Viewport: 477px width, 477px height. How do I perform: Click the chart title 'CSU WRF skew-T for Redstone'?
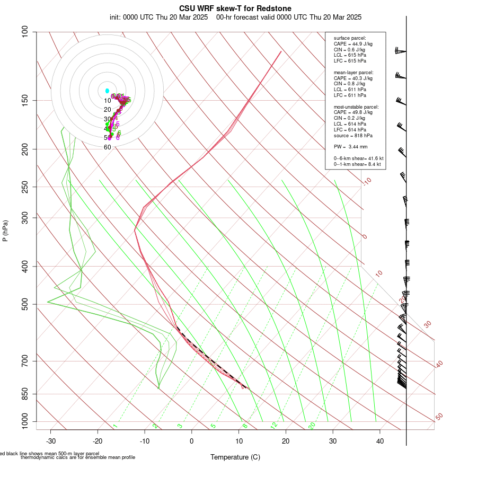click(235, 8)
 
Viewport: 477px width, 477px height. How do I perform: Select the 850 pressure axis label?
click(25, 394)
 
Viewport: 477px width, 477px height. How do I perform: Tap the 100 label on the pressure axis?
click(25, 32)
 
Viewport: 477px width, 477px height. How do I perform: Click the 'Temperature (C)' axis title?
click(235, 457)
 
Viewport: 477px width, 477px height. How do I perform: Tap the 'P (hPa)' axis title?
click(5, 231)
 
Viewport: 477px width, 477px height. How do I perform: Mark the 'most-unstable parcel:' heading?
click(356, 107)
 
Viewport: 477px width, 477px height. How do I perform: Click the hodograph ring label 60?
click(107, 147)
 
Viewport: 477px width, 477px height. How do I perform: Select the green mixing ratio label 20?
click(312, 426)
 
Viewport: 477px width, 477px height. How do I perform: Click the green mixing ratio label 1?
click(115, 426)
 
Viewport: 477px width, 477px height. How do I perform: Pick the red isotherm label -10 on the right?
click(367, 182)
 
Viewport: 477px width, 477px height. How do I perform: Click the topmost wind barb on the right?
click(400, 51)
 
